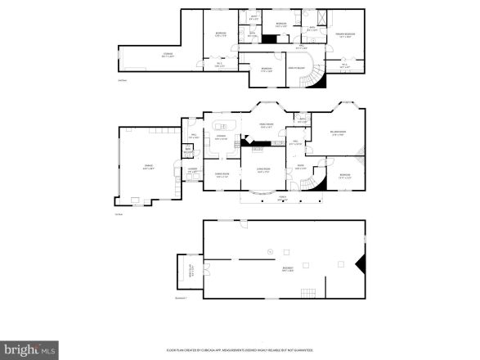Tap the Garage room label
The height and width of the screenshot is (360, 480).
(x=149, y=169)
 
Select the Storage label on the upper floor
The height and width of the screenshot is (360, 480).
(x=167, y=55)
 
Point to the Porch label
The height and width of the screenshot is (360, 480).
(x=282, y=199)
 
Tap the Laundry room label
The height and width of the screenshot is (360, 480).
(x=192, y=170)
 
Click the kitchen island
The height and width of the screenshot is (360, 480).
(x=223, y=126)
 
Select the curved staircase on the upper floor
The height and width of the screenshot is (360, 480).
(x=314, y=78)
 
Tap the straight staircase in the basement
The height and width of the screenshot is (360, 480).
(x=307, y=292)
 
